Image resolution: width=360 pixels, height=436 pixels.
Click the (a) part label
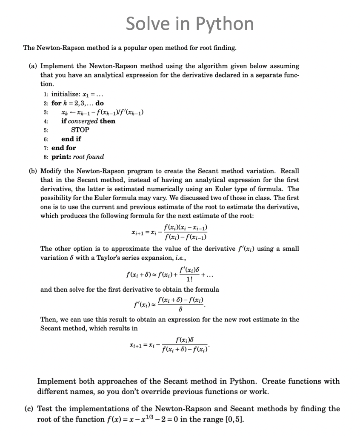33,66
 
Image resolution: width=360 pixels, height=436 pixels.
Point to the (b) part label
33,171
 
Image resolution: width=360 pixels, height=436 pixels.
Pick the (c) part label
29,409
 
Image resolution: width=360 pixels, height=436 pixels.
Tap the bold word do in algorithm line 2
99,103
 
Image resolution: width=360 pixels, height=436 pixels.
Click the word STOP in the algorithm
80,130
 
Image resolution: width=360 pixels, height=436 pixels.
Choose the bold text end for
64,148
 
